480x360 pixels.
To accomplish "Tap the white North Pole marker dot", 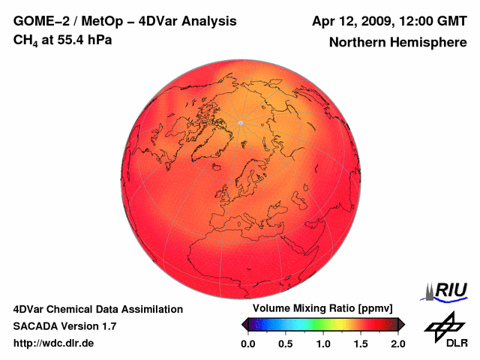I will [240, 122].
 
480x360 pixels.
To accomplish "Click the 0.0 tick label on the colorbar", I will [248, 343].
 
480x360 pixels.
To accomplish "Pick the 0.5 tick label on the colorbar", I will [286, 343].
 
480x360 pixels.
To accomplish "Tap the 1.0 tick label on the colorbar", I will [323, 343].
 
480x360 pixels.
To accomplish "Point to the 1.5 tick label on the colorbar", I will [361, 343].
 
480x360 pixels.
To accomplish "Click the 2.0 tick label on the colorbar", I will [398, 343].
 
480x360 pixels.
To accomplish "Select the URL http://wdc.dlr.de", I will [54, 343].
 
